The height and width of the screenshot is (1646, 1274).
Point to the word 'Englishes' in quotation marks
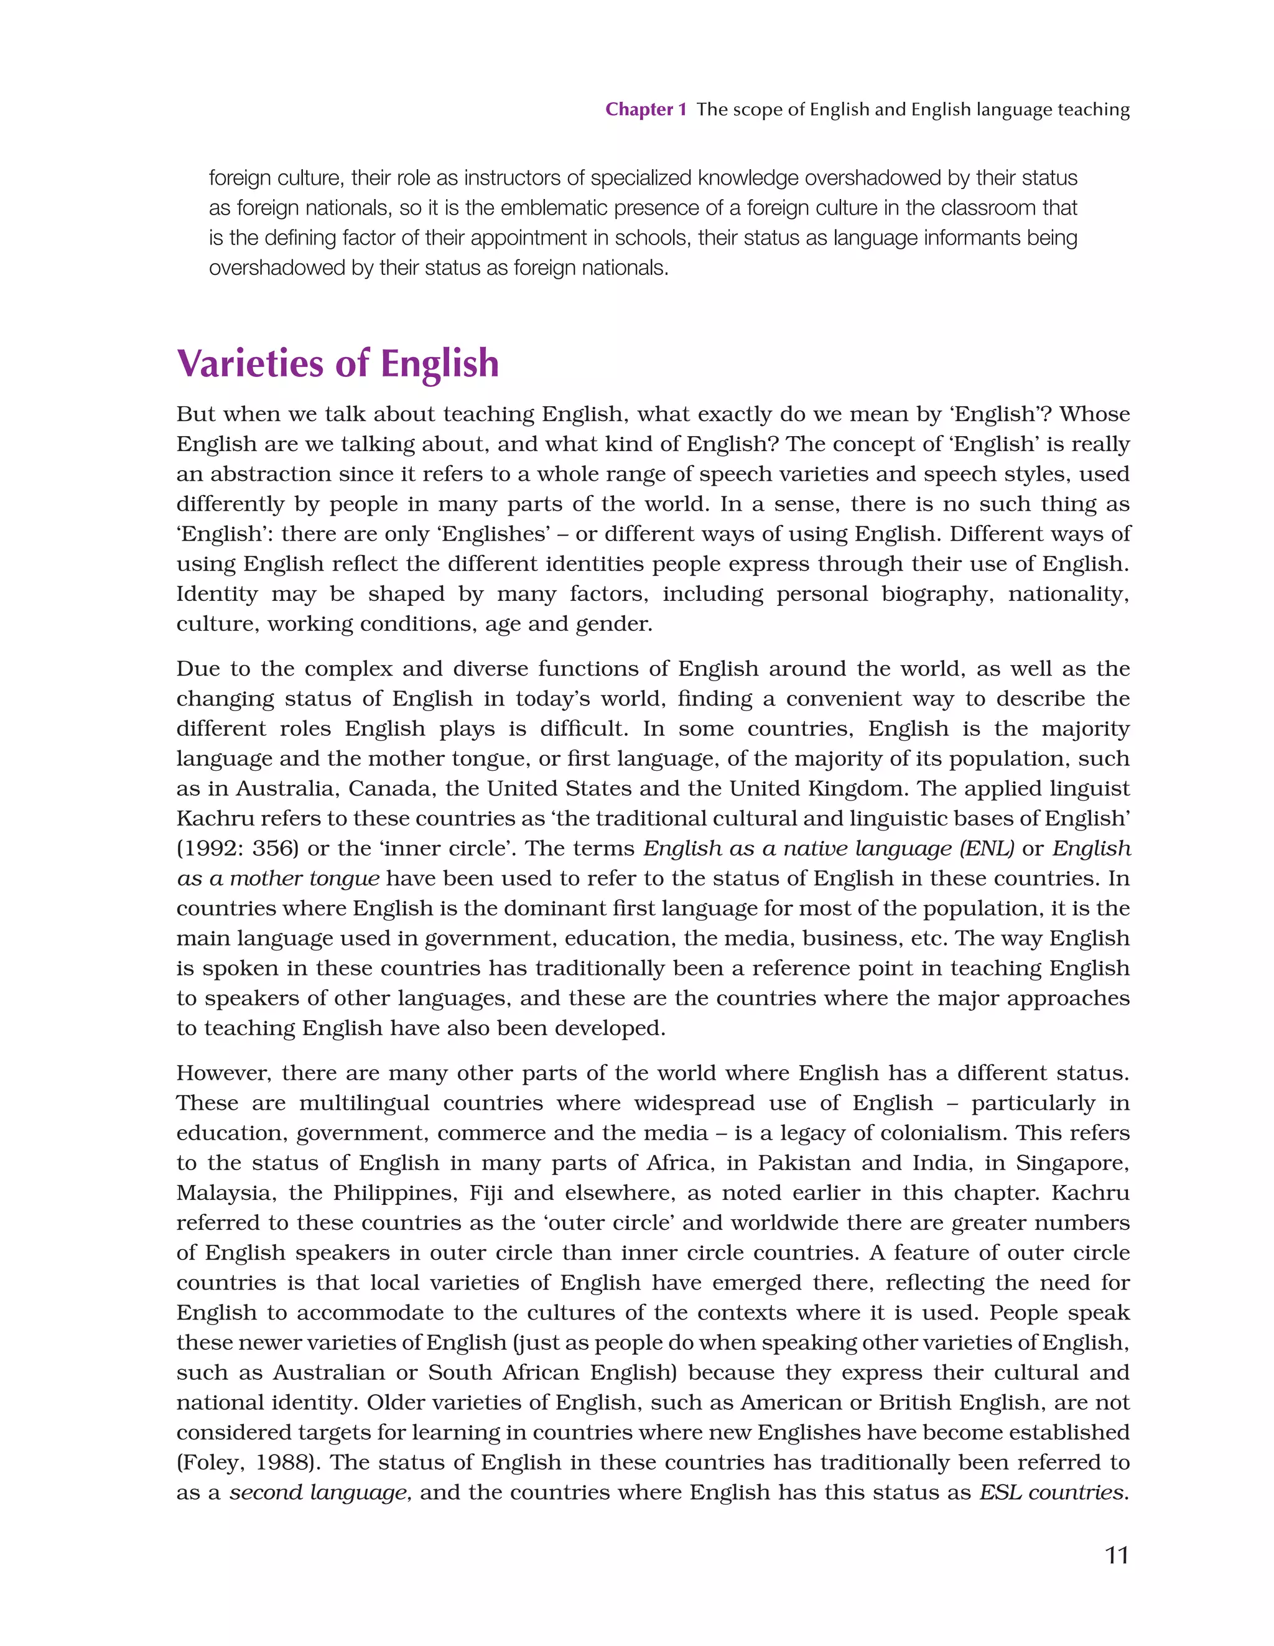click(494, 534)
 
